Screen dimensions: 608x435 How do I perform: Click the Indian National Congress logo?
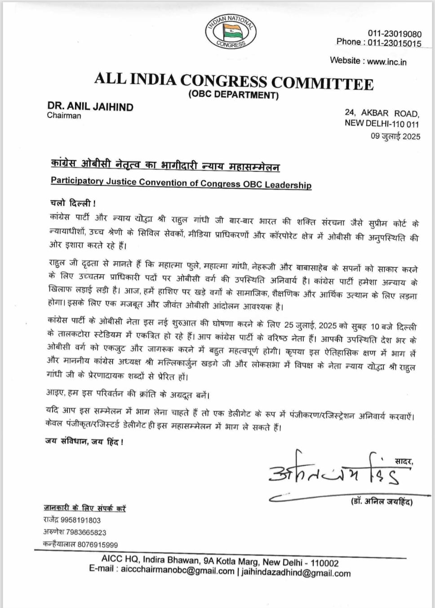(x=231, y=31)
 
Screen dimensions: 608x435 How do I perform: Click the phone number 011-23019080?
(x=395, y=34)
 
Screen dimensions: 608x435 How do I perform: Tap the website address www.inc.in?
(x=386, y=62)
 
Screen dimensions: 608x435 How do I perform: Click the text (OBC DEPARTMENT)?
(x=233, y=95)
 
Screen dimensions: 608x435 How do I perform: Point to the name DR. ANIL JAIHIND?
(x=90, y=106)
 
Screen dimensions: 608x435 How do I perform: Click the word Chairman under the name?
(x=64, y=115)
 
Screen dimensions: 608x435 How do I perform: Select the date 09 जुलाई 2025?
(x=395, y=136)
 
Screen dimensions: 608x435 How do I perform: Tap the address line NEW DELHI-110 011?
(x=382, y=123)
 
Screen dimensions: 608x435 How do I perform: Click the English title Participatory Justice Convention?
(x=181, y=182)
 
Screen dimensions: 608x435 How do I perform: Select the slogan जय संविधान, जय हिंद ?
(x=84, y=441)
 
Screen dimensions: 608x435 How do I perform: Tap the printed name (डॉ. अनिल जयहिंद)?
(x=382, y=502)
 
